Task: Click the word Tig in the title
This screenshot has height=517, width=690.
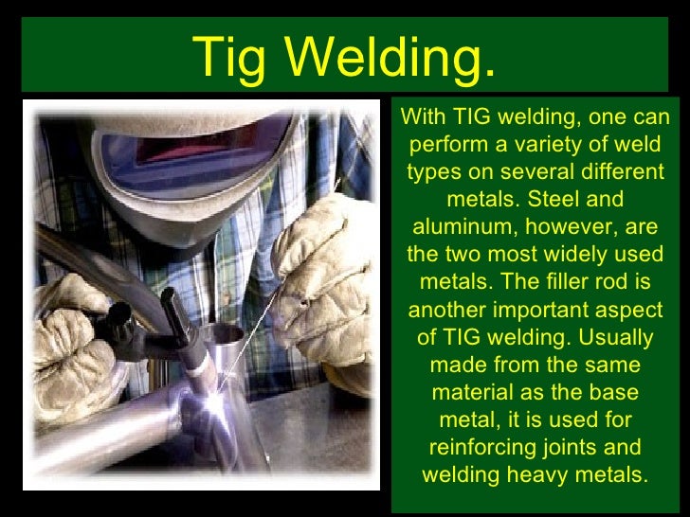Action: tap(229, 58)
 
